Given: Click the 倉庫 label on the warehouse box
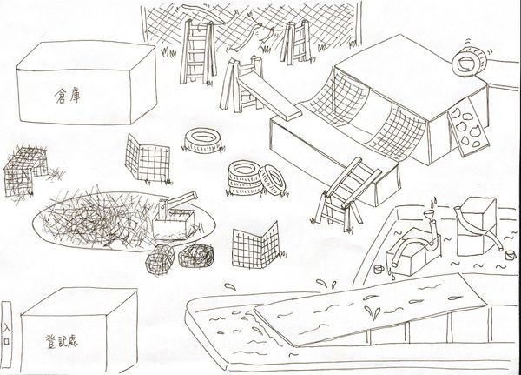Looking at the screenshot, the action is tap(67, 96).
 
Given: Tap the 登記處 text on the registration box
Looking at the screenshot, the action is tap(61, 341).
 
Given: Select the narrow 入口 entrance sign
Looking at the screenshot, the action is tap(6, 334).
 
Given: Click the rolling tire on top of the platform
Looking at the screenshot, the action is tap(469, 62).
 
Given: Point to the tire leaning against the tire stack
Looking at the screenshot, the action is tap(272, 180).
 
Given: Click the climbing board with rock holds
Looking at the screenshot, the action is tap(469, 126).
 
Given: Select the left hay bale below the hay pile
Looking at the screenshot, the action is tap(160, 259).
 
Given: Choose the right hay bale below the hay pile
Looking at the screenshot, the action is tap(195, 256).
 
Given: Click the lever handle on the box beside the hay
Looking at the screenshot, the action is tap(181, 198).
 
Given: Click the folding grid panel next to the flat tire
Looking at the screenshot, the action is tap(148, 157).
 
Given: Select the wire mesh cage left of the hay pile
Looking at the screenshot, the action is tap(25, 170).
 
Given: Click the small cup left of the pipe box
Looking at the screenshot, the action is tap(379, 269).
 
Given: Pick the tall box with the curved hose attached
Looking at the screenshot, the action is tap(476, 226).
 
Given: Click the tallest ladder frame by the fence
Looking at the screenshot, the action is tap(197, 51).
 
